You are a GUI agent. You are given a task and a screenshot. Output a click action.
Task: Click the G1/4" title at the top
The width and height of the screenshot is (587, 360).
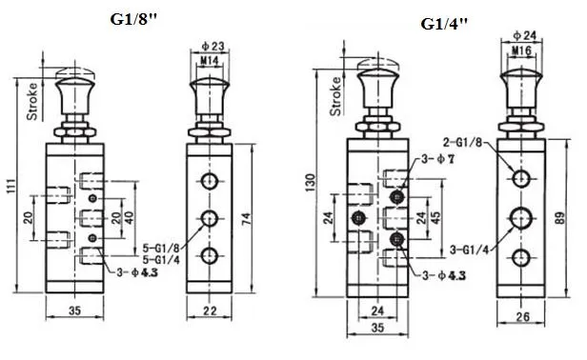click(444, 25)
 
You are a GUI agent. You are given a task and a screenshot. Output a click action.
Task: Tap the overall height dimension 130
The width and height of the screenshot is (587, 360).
click(308, 181)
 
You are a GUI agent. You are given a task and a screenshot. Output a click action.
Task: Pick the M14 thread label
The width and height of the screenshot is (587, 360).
click(211, 61)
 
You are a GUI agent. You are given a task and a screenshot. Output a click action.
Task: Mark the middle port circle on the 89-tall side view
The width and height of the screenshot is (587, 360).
click(520, 217)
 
